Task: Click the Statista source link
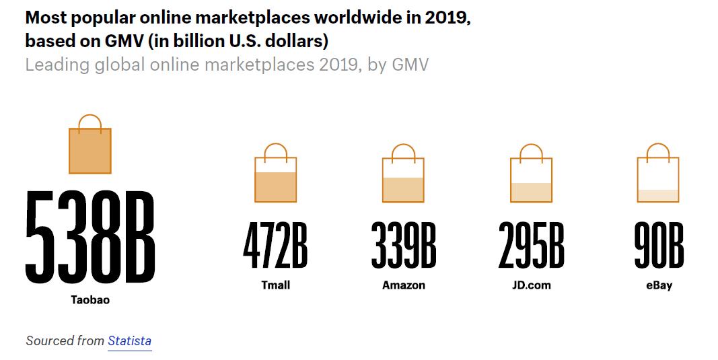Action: [129, 341]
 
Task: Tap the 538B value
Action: [90, 238]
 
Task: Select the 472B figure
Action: [275, 246]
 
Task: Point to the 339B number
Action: [404, 246]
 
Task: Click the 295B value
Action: [531, 246]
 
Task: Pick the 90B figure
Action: [659, 246]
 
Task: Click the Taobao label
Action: [90, 300]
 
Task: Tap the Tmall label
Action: [275, 285]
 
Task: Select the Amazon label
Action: [404, 285]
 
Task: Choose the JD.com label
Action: [531, 285]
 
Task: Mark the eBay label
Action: [659, 285]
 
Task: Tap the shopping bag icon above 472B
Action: [275, 175]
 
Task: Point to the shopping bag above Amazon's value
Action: [403, 175]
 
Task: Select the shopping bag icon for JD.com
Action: [531, 175]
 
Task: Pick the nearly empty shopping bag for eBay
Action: [658, 175]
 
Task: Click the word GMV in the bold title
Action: [118, 41]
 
